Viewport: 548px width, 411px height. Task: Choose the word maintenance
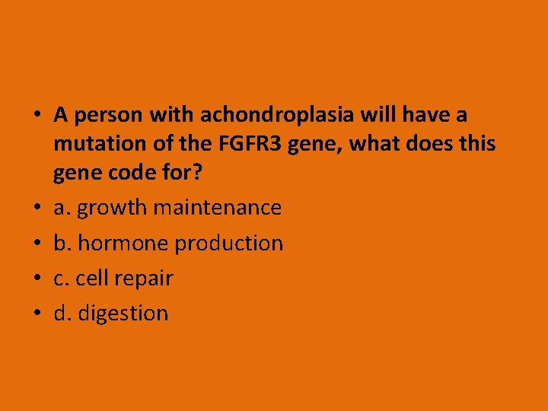coord(218,207)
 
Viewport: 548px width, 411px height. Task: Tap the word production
coord(229,243)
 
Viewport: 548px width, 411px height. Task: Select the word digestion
coord(123,314)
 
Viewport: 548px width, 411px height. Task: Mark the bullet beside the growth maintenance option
coord(37,208)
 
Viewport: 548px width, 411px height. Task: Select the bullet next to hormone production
coord(37,244)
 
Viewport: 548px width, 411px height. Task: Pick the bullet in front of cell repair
coord(37,279)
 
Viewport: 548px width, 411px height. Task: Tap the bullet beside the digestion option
coord(37,314)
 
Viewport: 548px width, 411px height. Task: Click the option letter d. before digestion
coord(63,313)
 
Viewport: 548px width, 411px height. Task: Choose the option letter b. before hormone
coord(63,243)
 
